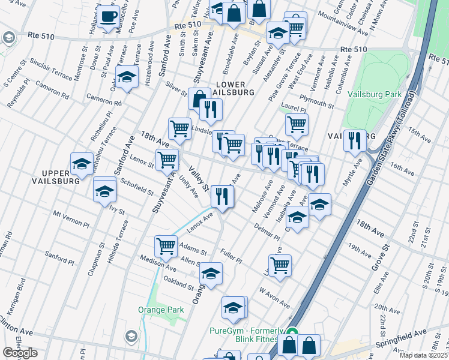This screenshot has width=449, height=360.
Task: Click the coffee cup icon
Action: pos(108,17)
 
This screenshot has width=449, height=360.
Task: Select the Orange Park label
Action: pos(160,310)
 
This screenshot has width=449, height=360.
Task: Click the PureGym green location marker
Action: pos(292,332)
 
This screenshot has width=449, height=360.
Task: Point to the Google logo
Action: pos(20,353)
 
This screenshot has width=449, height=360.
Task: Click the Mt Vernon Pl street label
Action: pos(71,218)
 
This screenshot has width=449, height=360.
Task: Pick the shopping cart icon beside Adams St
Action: pos(166,245)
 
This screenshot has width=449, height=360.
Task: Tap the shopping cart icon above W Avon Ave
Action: pos(280,265)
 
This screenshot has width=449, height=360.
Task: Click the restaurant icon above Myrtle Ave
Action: pos(355,140)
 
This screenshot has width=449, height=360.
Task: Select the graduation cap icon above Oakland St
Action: pos(211,274)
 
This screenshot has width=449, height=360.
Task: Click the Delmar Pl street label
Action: pos(268,232)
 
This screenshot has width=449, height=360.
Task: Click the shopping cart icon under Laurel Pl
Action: pos(297,124)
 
